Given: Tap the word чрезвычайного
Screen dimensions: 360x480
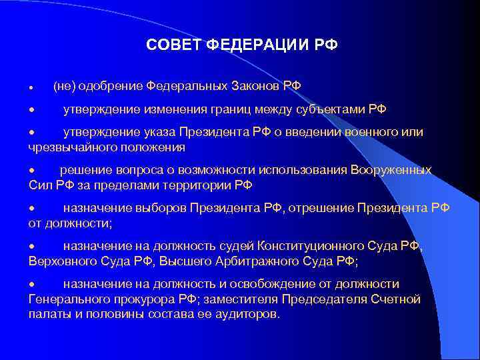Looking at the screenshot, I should coord(72,147).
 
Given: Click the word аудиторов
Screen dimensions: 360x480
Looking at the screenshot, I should coord(245,313).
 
